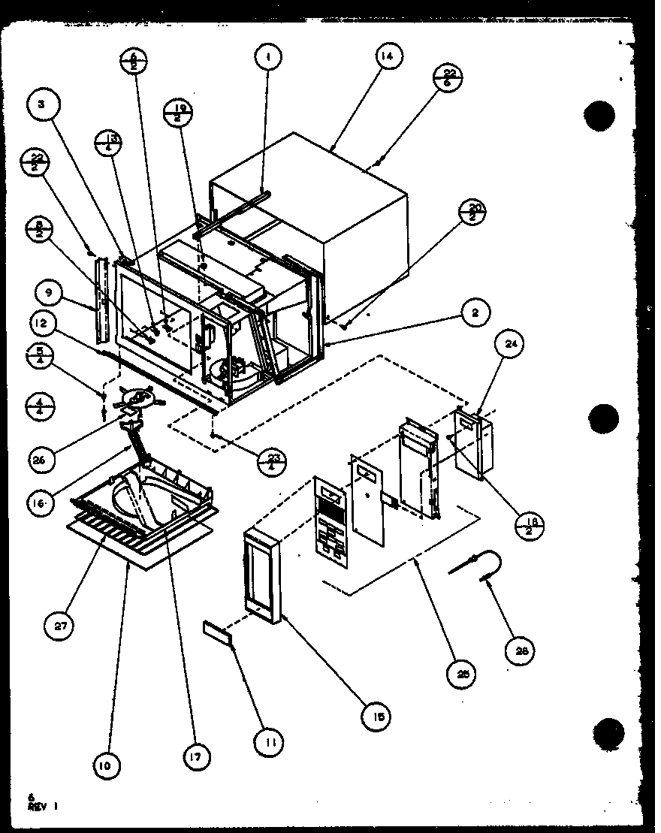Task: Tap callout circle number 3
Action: click(43, 106)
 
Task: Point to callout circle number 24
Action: click(511, 345)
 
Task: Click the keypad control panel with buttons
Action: click(330, 518)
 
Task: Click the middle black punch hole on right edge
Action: click(604, 418)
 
